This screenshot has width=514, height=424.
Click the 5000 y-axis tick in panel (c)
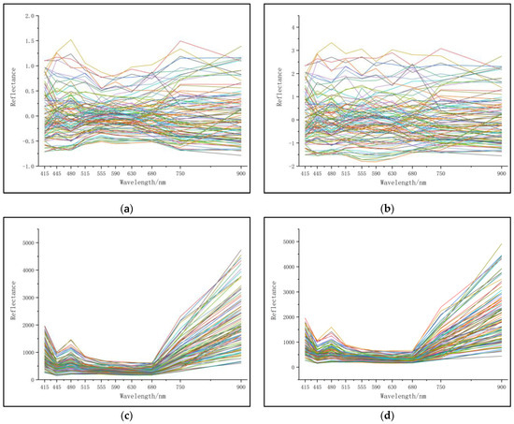[x=27, y=241]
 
